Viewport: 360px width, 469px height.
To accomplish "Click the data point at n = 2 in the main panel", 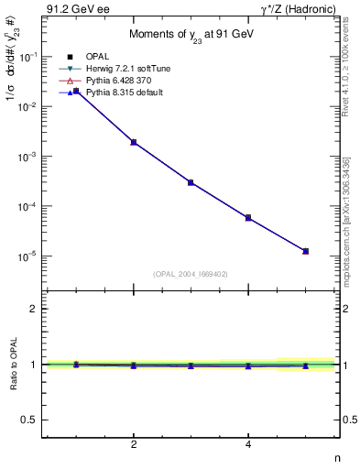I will (134, 142).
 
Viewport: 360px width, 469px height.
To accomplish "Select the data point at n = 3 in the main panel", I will (191, 182).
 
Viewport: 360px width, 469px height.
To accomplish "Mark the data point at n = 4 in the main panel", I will (248, 217).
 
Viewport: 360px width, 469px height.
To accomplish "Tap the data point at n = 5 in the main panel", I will (306, 251).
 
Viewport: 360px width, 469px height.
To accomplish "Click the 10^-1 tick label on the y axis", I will (29, 57).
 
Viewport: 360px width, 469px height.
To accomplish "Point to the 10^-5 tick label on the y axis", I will (29, 256).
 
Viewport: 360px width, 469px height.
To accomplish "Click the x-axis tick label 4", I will (248, 444).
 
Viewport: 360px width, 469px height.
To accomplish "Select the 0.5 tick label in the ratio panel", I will (29, 420).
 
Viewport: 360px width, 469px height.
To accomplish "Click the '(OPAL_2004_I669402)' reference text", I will (191, 273).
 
